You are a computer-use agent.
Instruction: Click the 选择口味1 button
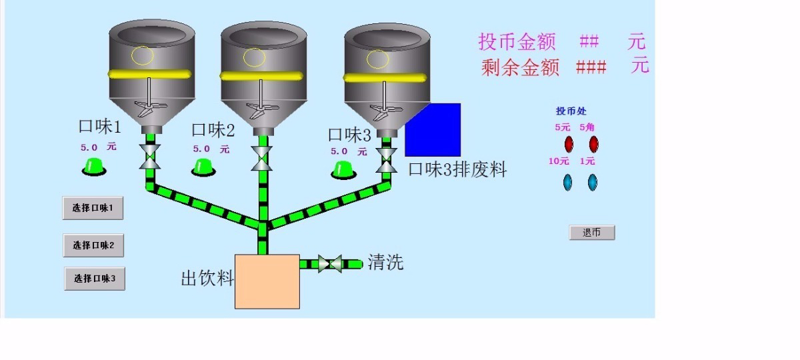click(x=93, y=209)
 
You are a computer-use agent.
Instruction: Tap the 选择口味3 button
click(x=95, y=279)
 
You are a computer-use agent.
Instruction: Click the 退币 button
click(x=591, y=233)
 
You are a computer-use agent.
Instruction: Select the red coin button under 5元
click(x=569, y=143)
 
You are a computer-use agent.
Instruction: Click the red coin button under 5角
click(x=593, y=143)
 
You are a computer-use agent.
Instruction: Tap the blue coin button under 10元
click(x=567, y=181)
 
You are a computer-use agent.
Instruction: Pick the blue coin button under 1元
click(x=591, y=181)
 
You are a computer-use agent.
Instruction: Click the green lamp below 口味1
click(x=94, y=167)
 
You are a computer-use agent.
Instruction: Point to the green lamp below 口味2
click(x=203, y=168)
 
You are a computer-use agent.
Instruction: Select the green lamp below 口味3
click(x=343, y=169)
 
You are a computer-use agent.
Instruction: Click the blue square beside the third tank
click(x=433, y=130)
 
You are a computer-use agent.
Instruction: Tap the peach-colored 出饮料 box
click(x=267, y=281)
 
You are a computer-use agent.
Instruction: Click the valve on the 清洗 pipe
click(x=330, y=263)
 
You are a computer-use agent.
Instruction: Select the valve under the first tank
click(x=150, y=157)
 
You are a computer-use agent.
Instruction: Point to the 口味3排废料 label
click(x=457, y=169)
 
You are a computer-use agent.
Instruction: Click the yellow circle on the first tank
click(x=142, y=55)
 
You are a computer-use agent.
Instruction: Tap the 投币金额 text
click(x=517, y=41)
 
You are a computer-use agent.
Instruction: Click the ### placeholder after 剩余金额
click(x=591, y=67)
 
